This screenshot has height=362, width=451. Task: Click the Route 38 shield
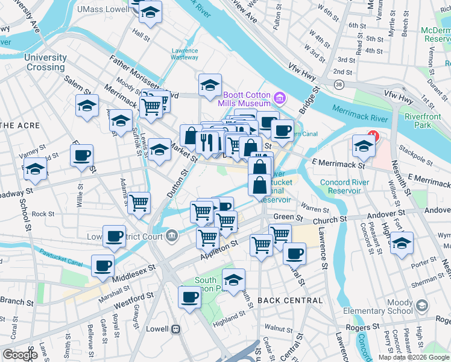339,85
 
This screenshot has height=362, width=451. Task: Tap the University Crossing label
46,62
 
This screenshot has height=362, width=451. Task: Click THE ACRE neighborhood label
20,125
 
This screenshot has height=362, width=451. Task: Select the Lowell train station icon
175,329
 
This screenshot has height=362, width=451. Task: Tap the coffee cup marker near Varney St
81,155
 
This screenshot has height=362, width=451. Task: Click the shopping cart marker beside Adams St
139,203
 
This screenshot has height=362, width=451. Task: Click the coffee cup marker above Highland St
190,297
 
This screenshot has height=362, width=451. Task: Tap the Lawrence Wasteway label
184,54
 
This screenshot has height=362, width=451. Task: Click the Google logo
20,355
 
